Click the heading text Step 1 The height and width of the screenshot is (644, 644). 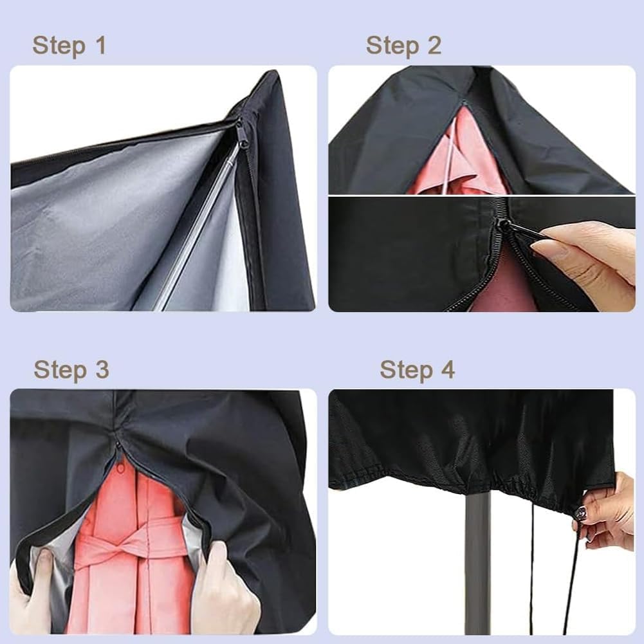click(x=69, y=46)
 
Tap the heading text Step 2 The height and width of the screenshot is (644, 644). click(x=403, y=46)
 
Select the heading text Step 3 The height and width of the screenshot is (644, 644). click(x=71, y=370)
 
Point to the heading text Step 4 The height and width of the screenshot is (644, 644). click(x=417, y=370)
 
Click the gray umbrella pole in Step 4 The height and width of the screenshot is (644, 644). click(x=477, y=560)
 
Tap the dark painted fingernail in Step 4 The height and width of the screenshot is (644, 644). click(x=581, y=512)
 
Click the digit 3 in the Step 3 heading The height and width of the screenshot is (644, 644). click(x=101, y=370)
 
